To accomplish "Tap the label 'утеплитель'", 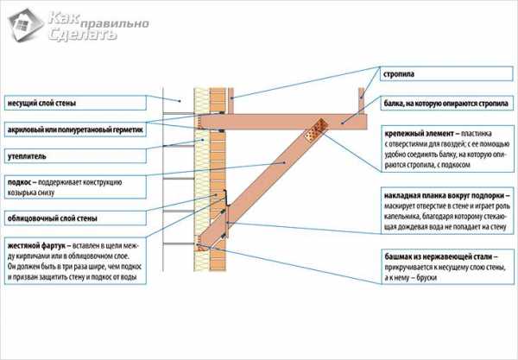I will (27, 156).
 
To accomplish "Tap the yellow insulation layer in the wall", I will (205, 173).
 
